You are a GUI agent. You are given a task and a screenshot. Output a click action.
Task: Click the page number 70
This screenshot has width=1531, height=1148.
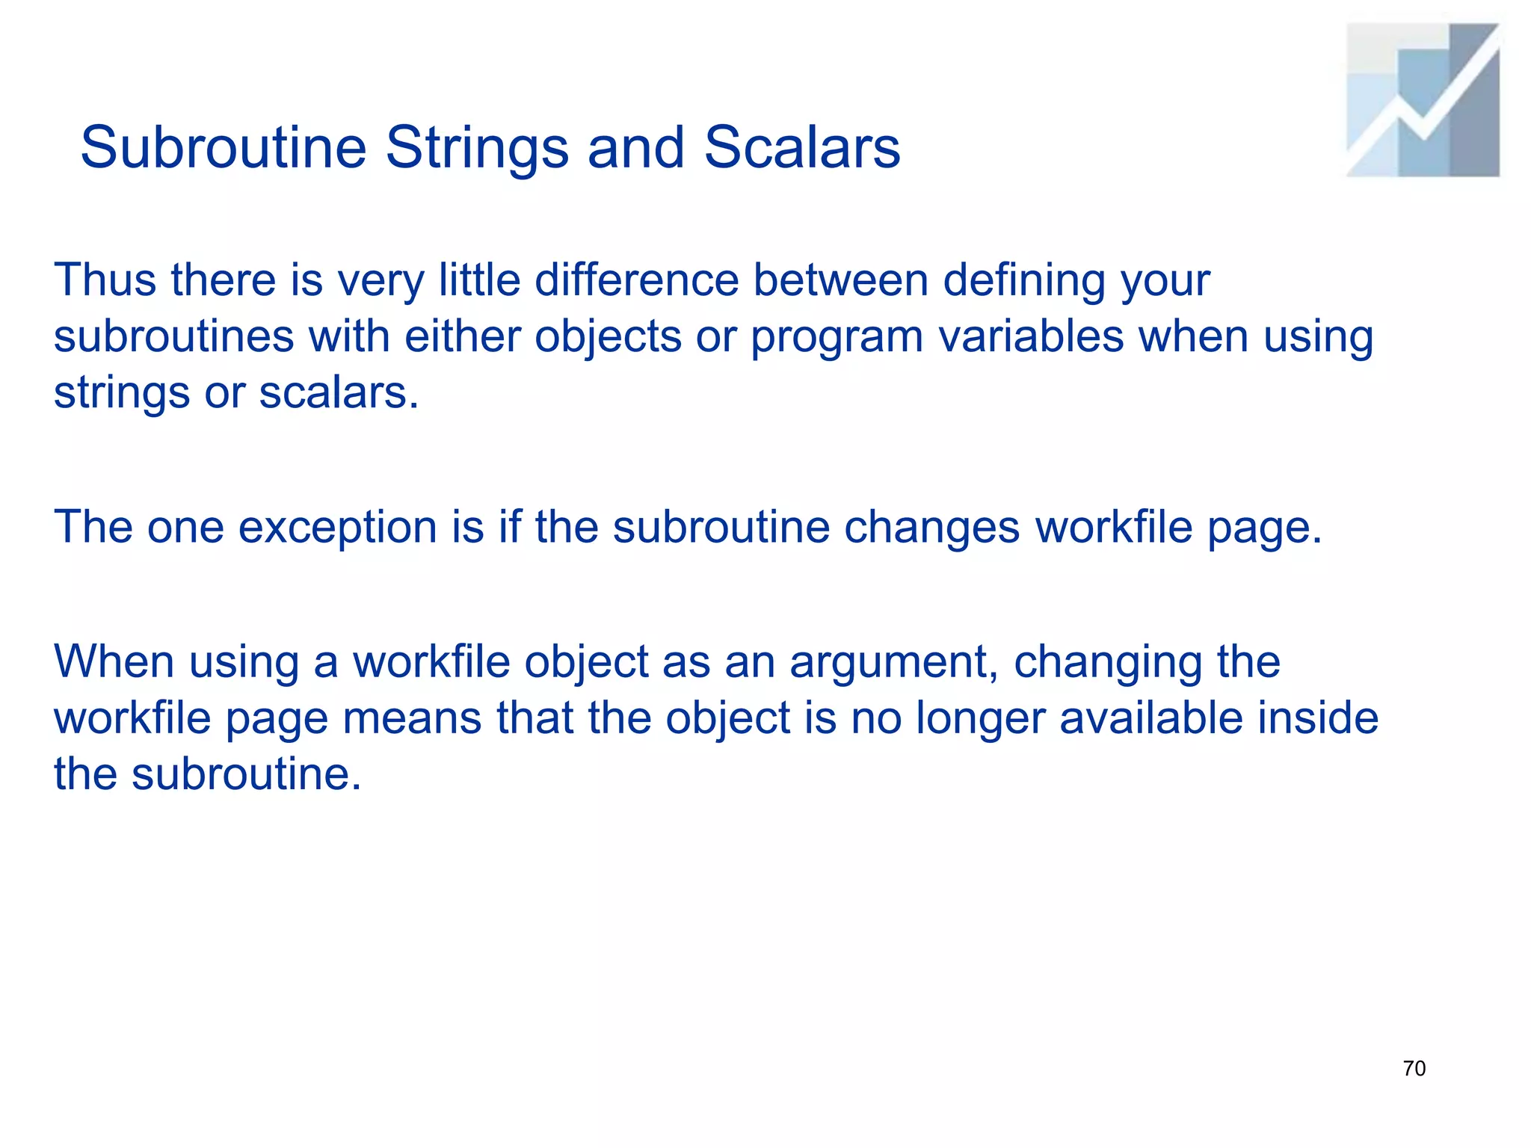(1414, 1069)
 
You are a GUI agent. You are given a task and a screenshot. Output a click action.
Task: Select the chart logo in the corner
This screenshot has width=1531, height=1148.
(1423, 100)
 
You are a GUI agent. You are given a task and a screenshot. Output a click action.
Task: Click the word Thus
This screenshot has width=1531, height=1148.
(105, 280)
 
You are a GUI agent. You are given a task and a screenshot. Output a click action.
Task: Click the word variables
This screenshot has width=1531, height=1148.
(1031, 336)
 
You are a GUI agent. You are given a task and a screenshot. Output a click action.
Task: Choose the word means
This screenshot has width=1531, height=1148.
(411, 719)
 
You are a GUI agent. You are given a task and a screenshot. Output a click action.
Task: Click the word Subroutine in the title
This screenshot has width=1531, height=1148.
(223, 147)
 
